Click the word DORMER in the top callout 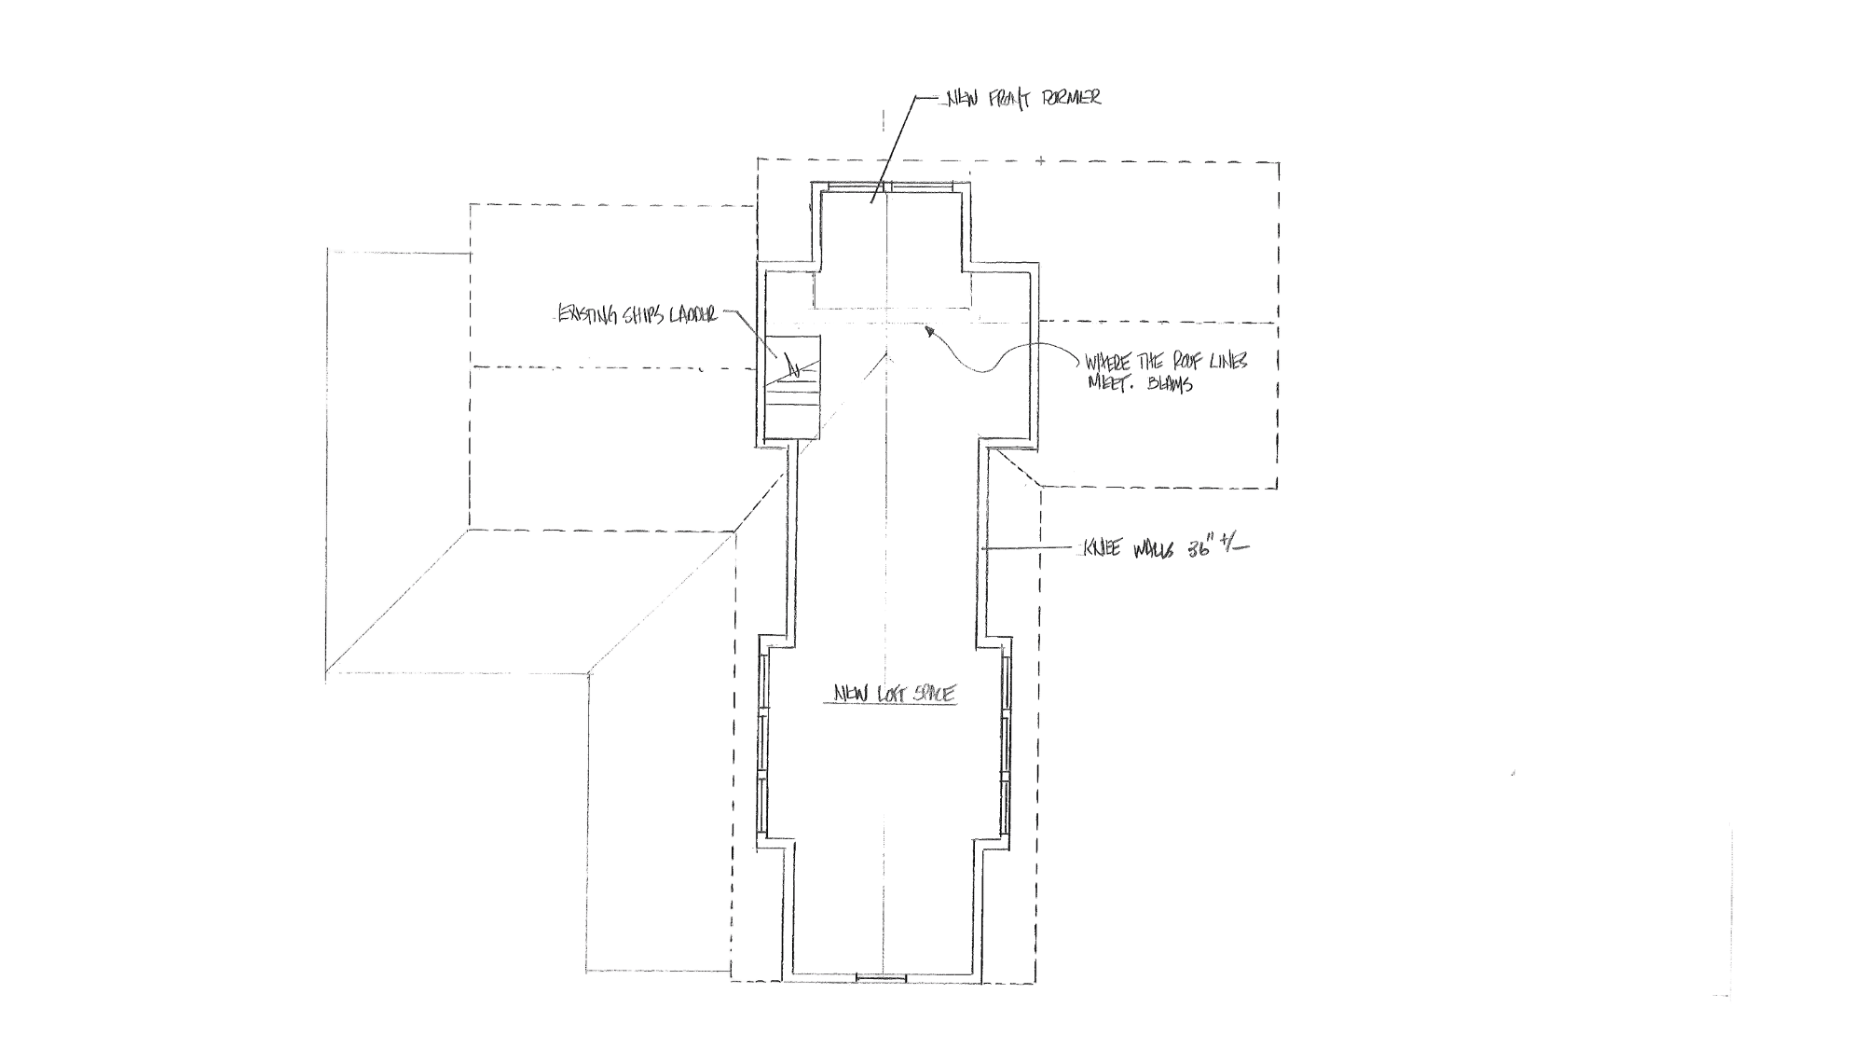[x=1072, y=98]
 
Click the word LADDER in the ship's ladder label [x=689, y=316]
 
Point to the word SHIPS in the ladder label [x=637, y=315]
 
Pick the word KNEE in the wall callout [x=1101, y=548]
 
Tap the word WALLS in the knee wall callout [x=1153, y=548]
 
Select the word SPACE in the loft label [x=932, y=695]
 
